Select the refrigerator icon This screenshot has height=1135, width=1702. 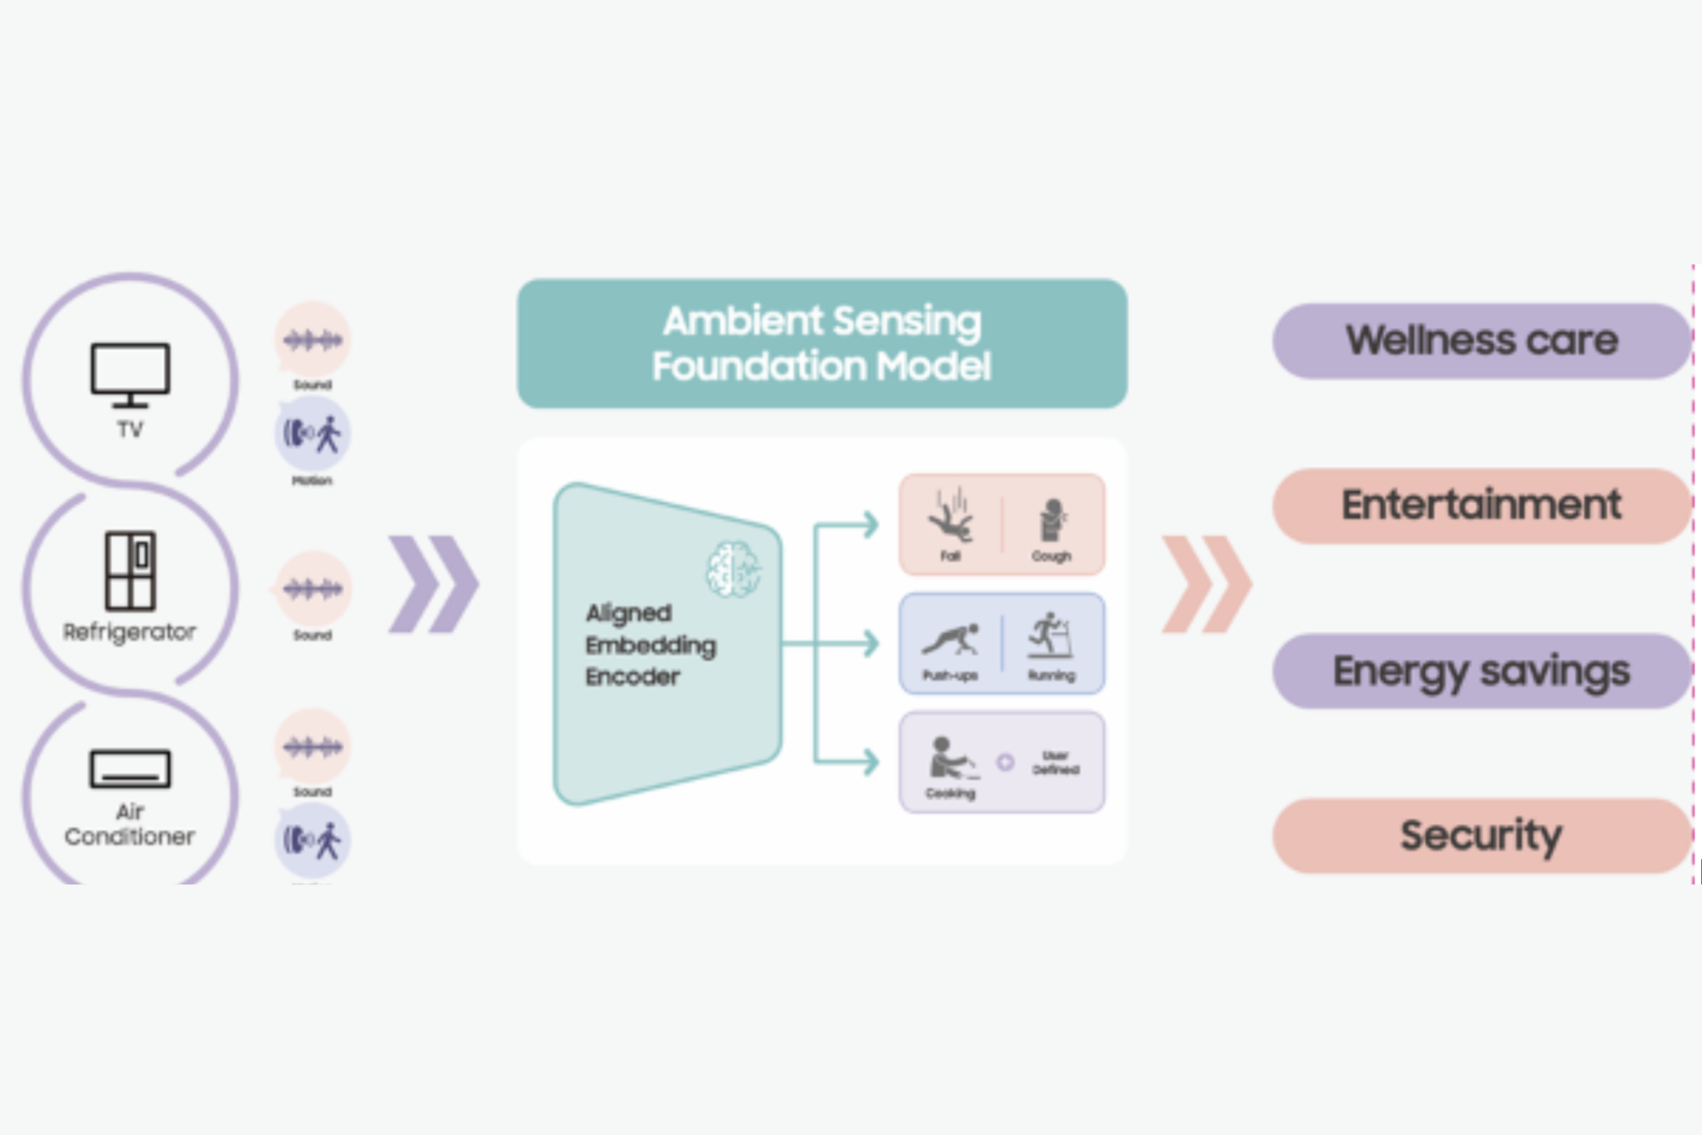[130, 570]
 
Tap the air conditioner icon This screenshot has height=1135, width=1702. [130, 769]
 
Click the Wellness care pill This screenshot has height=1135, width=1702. [1481, 340]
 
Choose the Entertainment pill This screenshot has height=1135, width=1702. [1481, 505]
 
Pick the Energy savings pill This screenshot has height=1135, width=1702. [1481, 671]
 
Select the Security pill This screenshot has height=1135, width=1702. [1481, 835]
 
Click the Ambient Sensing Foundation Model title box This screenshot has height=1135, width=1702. [822, 343]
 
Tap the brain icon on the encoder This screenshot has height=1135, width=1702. [734, 569]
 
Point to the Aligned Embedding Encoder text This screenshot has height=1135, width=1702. [650, 645]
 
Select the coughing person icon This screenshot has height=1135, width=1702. [1051, 519]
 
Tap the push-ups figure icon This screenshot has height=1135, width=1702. [950, 639]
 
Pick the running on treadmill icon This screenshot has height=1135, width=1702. [1050, 636]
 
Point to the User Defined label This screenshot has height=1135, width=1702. [1055, 762]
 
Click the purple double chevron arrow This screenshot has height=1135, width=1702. [434, 585]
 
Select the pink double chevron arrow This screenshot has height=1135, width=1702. [1207, 585]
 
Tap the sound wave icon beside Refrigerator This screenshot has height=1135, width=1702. [312, 589]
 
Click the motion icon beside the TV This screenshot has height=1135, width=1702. [312, 434]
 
